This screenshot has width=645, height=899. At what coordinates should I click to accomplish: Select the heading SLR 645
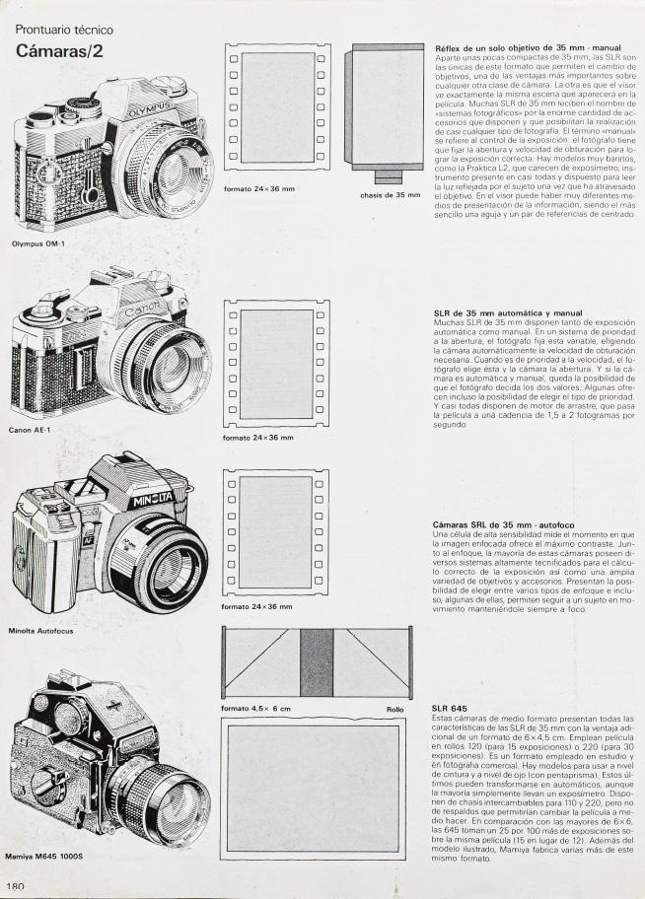pos(450,709)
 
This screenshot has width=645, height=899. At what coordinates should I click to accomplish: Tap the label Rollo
pos(395,710)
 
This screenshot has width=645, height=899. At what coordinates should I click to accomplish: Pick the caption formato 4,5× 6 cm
pos(256,710)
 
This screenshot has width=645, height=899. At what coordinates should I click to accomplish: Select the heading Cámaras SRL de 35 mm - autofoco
pos(504,524)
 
